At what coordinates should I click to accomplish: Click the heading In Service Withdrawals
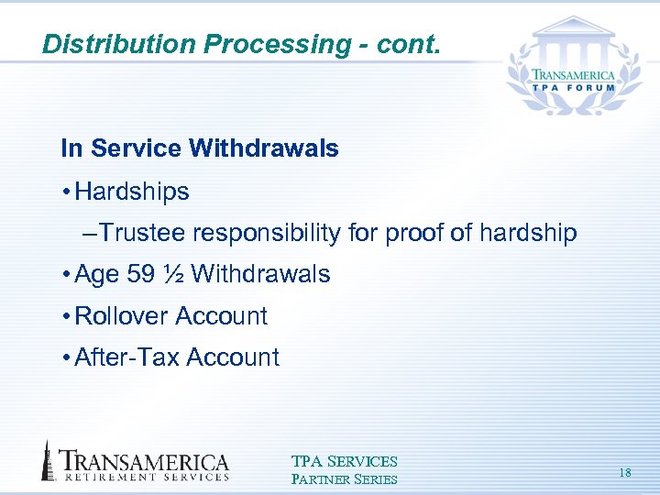point(199,148)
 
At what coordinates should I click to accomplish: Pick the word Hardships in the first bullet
point(132,192)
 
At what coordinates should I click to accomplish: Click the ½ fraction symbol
point(173,274)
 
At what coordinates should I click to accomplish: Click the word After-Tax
point(126,357)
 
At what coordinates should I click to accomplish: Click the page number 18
point(625,472)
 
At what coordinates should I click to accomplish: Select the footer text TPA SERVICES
point(344,462)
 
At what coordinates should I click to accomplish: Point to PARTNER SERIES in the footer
point(344,479)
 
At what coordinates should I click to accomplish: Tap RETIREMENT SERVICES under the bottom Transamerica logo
point(145,477)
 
